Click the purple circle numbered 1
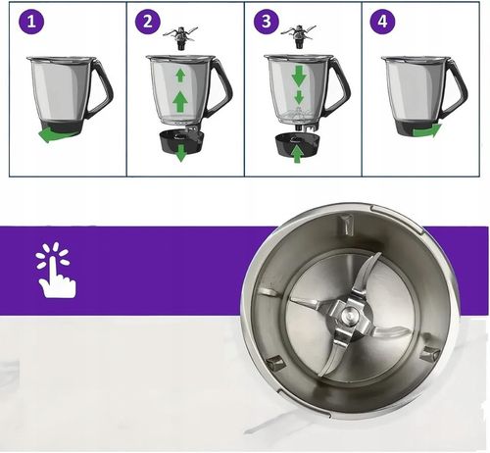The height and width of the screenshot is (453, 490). (31, 21)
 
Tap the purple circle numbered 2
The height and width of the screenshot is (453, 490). (149, 21)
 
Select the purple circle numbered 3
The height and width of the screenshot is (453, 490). (267, 21)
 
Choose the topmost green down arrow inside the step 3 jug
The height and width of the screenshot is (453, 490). (298, 75)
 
